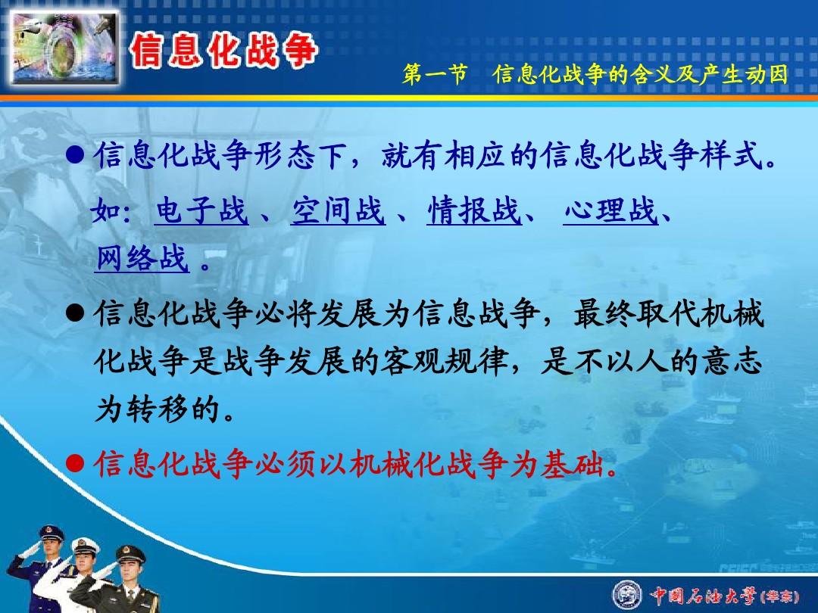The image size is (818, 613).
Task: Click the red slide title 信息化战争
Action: point(223,51)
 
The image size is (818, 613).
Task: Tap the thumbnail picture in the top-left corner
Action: point(64,48)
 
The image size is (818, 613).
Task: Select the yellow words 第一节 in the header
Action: point(434,74)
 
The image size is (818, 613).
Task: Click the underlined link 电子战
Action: point(201,210)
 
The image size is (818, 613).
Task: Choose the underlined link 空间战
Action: point(338,210)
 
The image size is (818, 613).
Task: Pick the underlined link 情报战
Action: point(473,210)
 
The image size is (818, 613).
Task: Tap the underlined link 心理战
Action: point(610,210)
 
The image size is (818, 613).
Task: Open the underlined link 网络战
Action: point(142,258)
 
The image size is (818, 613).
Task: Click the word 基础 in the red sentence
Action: point(573,463)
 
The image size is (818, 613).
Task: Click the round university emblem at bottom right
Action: point(627,595)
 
